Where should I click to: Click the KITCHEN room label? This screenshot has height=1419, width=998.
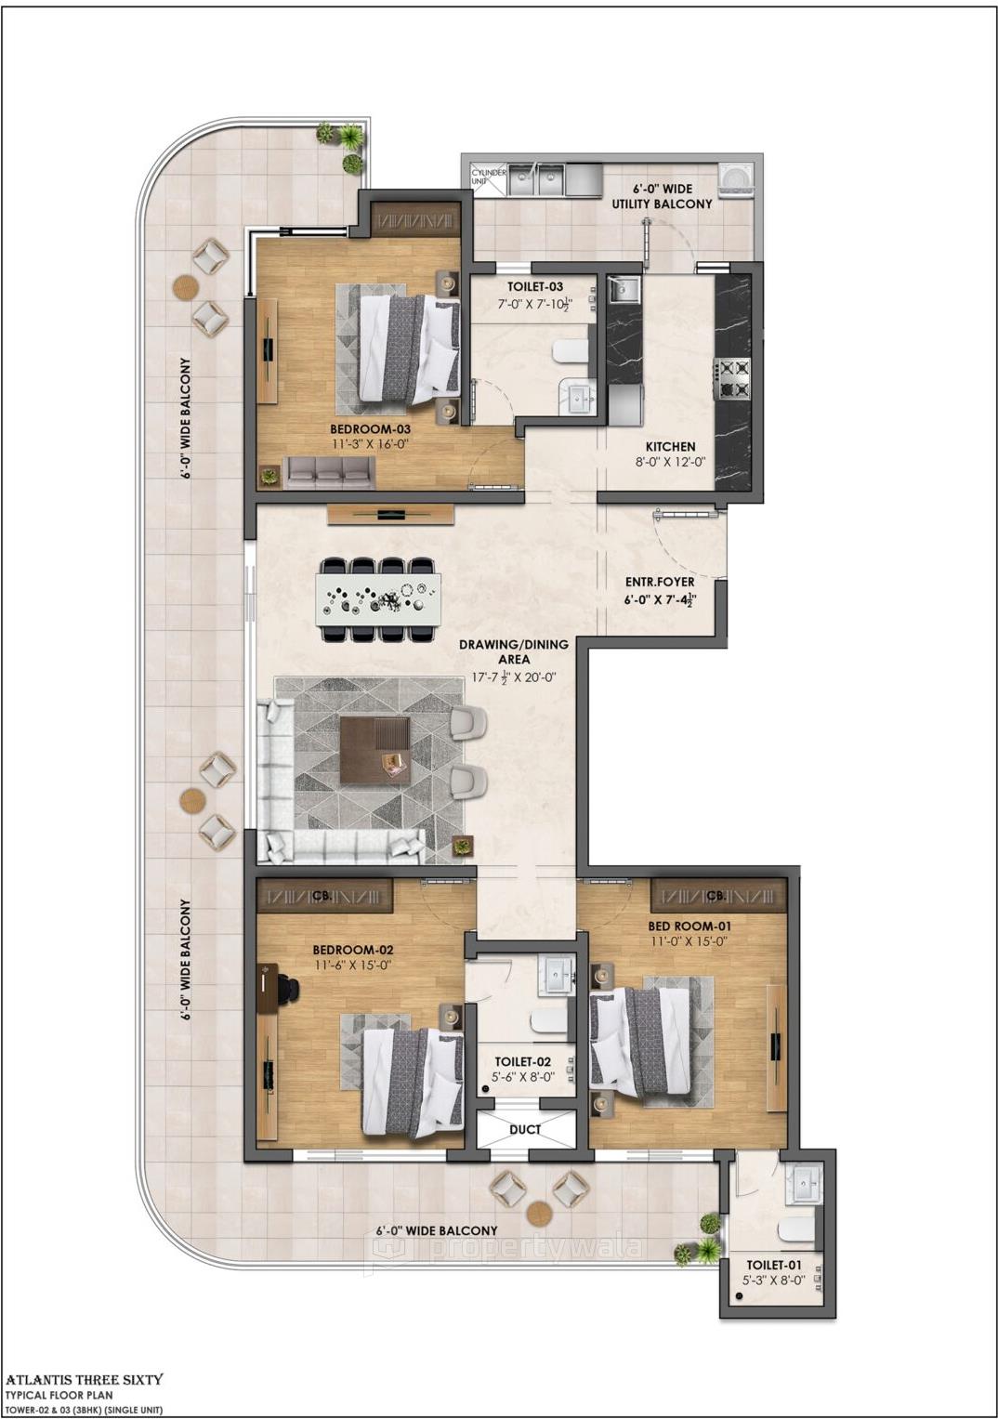coord(670,446)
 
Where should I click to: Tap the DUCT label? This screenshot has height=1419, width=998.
coord(525,1129)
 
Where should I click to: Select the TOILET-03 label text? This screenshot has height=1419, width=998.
coord(534,287)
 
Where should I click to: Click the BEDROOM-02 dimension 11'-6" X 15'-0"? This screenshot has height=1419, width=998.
coord(352,965)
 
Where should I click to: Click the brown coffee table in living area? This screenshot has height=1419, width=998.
coord(374,750)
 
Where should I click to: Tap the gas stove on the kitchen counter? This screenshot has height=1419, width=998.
coord(731,377)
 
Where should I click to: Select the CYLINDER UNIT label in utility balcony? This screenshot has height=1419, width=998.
coord(488,177)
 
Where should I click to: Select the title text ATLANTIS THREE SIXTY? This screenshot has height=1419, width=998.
coord(85,1379)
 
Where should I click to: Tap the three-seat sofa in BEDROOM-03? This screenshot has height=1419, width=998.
coord(329,473)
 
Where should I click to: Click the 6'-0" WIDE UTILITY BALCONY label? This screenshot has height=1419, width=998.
coord(662,196)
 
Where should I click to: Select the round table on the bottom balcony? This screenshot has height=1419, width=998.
coord(539,1213)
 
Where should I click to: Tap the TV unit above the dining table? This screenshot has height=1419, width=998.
coord(390,513)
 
